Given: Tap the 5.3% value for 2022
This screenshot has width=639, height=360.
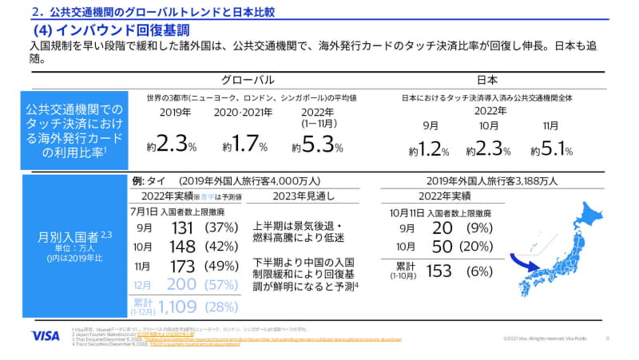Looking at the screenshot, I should (x=323, y=145).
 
